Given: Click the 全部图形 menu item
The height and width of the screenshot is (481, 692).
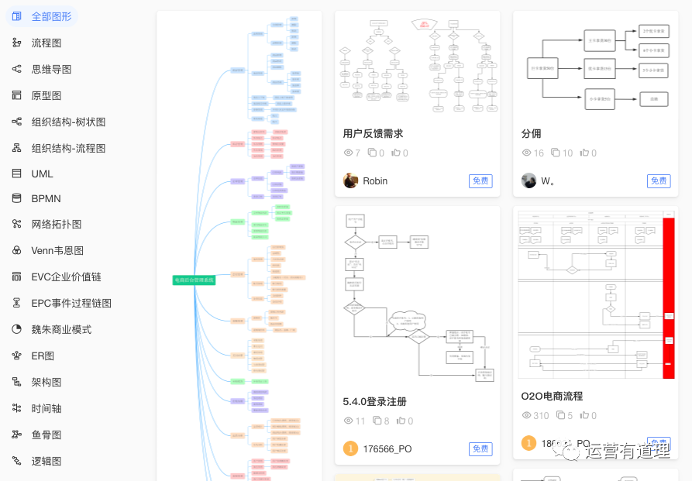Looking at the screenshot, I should (x=51, y=16).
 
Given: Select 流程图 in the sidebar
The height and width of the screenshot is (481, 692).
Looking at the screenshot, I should (x=46, y=43).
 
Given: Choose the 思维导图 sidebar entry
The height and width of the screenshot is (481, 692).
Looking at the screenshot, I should (x=51, y=69).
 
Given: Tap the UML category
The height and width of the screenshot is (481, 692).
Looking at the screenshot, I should (x=42, y=174).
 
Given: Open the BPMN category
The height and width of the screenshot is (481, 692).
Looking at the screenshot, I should (x=46, y=198).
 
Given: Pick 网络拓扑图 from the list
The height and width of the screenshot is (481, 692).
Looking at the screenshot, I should (x=56, y=224).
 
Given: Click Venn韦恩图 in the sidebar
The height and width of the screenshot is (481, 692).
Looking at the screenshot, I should (x=57, y=250).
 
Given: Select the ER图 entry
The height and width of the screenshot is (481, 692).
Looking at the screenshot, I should (x=43, y=356).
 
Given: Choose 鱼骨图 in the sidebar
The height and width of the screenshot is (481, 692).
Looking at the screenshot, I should (x=46, y=435).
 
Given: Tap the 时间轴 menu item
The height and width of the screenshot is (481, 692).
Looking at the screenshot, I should (x=46, y=408).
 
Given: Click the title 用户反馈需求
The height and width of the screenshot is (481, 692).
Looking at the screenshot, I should (x=373, y=133).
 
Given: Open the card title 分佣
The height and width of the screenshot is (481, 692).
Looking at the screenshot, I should (x=531, y=133).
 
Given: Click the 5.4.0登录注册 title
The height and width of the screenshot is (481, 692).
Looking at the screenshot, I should (x=374, y=401).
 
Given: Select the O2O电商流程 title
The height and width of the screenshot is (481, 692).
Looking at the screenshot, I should (x=552, y=396).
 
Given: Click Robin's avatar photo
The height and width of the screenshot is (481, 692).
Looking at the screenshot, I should (x=350, y=180).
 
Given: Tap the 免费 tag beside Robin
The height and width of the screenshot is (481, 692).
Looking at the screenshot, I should (x=480, y=181).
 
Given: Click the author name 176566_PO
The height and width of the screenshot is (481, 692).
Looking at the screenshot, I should (x=387, y=448).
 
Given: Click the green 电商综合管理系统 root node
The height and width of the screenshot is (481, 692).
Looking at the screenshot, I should (x=194, y=280).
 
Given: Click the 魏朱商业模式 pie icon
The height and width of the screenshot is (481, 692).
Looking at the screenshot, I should (x=16, y=329).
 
